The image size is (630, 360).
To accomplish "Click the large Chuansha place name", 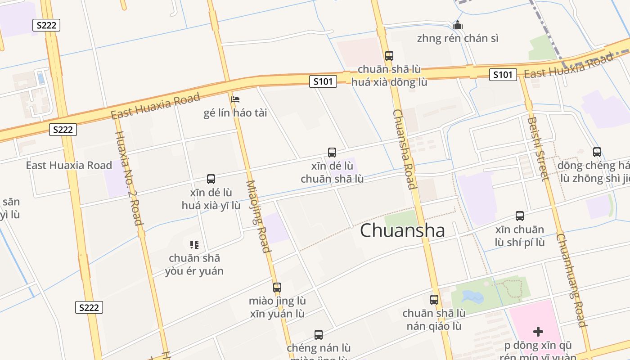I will pyautogui.click(x=402, y=230).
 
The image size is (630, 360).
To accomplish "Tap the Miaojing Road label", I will pyautogui.click(x=258, y=216).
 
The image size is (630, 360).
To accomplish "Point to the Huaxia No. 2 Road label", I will pyautogui.click(x=129, y=178).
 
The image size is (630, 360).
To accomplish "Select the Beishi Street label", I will pyautogui.click(x=538, y=148).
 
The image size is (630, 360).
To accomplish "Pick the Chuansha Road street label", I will pyautogui.click(x=404, y=149).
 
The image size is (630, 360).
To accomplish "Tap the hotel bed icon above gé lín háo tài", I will pyautogui.click(x=235, y=99).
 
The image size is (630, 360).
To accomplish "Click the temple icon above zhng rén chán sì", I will pyautogui.click(x=458, y=25).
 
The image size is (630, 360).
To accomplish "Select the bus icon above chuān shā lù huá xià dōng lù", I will pyautogui.click(x=389, y=56).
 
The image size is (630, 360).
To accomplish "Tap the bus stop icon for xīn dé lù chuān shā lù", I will pyautogui.click(x=332, y=153).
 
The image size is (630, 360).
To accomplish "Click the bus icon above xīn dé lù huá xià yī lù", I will pyautogui.click(x=211, y=179).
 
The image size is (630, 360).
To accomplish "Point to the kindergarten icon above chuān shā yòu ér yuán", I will pyautogui.click(x=194, y=245).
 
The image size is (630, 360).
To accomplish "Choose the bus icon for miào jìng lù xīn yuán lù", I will pyautogui.click(x=277, y=287).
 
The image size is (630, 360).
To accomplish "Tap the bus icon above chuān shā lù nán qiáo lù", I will pyautogui.click(x=434, y=300).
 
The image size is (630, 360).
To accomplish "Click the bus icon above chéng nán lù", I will pyautogui.click(x=319, y=335).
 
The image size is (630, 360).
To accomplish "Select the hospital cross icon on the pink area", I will pyautogui.click(x=538, y=332).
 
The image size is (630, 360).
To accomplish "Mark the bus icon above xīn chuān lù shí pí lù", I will pyautogui.click(x=520, y=216).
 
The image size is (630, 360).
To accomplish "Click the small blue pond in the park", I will pyautogui.click(x=472, y=297).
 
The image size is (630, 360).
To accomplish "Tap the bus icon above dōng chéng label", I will pyautogui.click(x=597, y=152).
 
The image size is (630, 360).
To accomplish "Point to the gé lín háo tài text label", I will pyautogui.click(x=235, y=113).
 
